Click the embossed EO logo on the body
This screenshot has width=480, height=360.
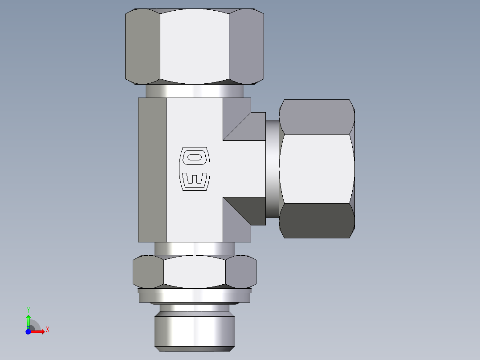194,169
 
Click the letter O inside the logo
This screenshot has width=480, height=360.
194,157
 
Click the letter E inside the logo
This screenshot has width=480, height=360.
194,179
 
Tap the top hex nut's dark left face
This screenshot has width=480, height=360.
142,46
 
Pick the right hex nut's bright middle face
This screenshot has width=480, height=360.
317,168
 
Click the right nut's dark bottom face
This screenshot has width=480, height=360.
317,221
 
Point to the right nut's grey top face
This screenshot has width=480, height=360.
317,117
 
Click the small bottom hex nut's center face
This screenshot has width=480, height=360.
194,271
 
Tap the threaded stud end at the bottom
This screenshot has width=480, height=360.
194,330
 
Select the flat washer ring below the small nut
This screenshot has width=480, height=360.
194,296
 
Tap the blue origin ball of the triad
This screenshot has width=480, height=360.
28,331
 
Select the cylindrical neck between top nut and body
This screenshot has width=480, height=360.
194,91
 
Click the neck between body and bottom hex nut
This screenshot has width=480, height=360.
194,249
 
